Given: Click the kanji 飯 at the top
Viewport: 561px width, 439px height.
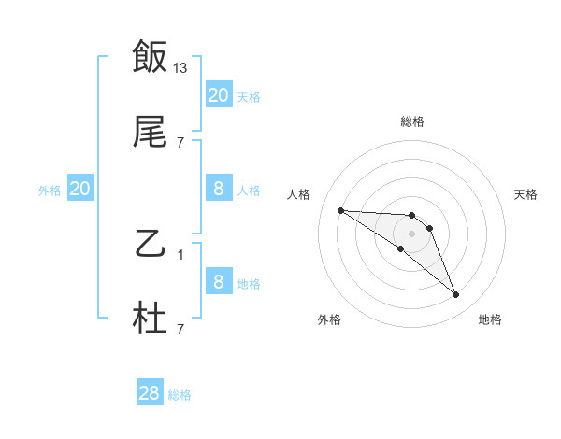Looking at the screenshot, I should [x=150, y=57].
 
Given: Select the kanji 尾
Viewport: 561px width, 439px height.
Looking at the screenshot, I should [x=150, y=135].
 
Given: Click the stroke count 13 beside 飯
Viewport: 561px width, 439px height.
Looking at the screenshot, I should [x=180, y=67].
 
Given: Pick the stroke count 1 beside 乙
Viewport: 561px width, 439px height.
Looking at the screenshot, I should [x=180, y=254].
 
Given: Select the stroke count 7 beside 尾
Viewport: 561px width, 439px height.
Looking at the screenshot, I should [x=180, y=143].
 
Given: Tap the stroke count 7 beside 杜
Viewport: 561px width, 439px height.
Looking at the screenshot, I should [x=180, y=329].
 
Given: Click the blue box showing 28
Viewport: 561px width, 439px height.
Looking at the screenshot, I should [x=150, y=393].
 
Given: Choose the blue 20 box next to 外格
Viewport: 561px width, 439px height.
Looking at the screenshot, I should [x=80, y=189].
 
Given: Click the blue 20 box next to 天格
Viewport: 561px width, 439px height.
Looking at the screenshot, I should [x=219, y=94].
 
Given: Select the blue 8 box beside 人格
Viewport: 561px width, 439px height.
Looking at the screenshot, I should [x=219, y=189].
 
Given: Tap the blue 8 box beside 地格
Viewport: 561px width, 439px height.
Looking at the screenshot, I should [x=219, y=282].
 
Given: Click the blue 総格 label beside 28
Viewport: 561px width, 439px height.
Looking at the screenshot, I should [x=180, y=395].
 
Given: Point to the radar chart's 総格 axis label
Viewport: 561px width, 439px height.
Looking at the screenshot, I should [x=411, y=121].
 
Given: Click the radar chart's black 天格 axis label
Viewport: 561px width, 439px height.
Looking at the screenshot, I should [x=525, y=194].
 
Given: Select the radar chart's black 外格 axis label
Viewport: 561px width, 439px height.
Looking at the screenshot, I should [x=329, y=319].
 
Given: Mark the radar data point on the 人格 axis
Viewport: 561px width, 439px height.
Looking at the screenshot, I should [x=340, y=210].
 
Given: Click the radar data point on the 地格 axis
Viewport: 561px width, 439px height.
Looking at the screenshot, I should [x=455, y=295].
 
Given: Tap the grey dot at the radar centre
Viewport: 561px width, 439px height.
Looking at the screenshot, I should [x=411, y=233].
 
